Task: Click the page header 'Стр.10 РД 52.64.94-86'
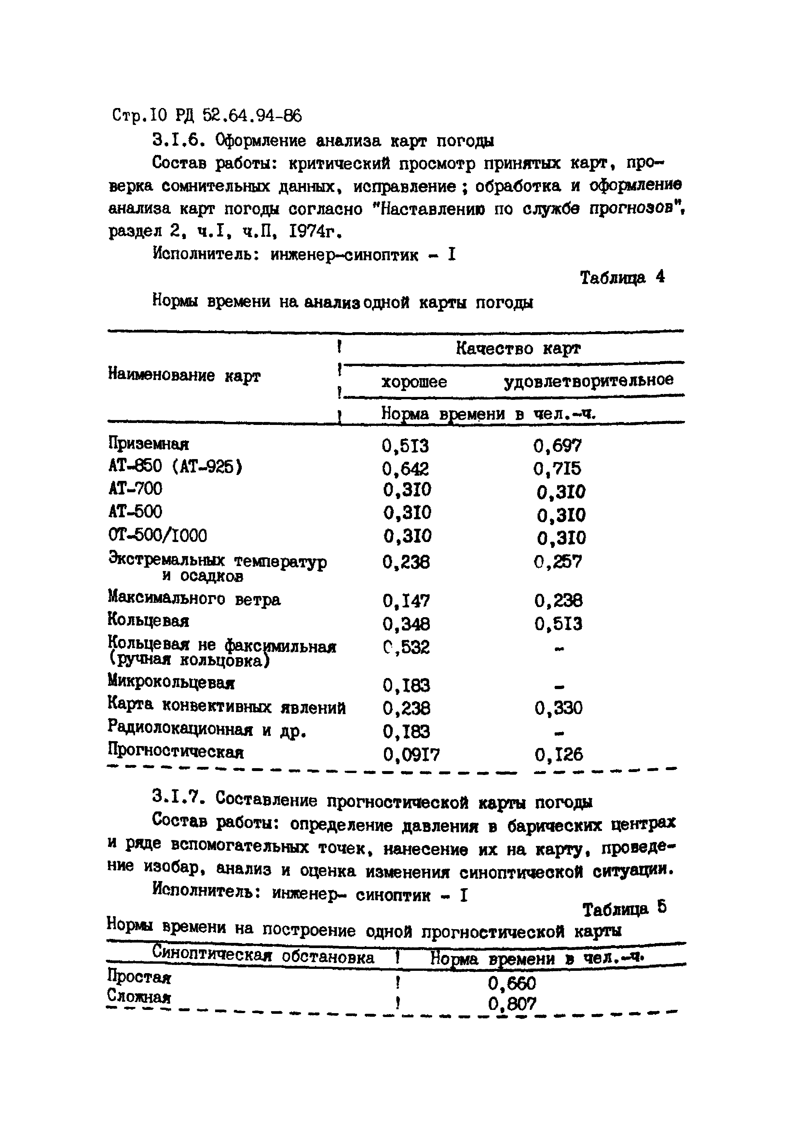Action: [207, 116]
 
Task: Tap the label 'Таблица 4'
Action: [622, 277]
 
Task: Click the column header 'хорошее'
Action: [414, 382]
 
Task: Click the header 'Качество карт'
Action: [518, 348]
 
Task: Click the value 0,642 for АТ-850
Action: [405, 469]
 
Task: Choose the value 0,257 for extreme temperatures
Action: [557, 562]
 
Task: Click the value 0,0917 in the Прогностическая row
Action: [411, 755]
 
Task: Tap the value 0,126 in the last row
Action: [558, 755]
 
